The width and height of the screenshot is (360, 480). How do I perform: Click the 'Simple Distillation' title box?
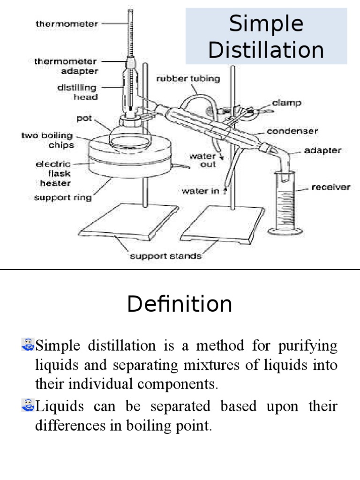pyautogui.click(x=266, y=37)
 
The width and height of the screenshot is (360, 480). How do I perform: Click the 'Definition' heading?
pyautogui.click(x=180, y=304)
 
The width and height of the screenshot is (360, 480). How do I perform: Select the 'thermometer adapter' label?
pyautogui.click(x=66, y=66)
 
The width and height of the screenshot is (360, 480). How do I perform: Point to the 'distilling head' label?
pyautogui.click(x=77, y=92)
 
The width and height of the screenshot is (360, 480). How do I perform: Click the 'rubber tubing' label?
pyautogui.click(x=187, y=78)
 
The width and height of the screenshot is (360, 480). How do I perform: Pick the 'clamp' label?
pyautogui.click(x=286, y=102)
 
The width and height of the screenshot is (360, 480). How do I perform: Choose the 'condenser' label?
pyautogui.click(x=292, y=131)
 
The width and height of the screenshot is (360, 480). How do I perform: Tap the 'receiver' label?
pyautogui.click(x=331, y=187)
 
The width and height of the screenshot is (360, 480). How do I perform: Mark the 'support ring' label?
pyautogui.click(x=63, y=197)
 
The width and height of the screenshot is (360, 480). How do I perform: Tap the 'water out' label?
pyautogui.click(x=202, y=160)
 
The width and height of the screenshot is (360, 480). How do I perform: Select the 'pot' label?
pyautogui.click(x=84, y=118)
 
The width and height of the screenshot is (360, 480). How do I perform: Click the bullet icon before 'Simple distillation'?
pyautogui.click(x=28, y=346)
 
